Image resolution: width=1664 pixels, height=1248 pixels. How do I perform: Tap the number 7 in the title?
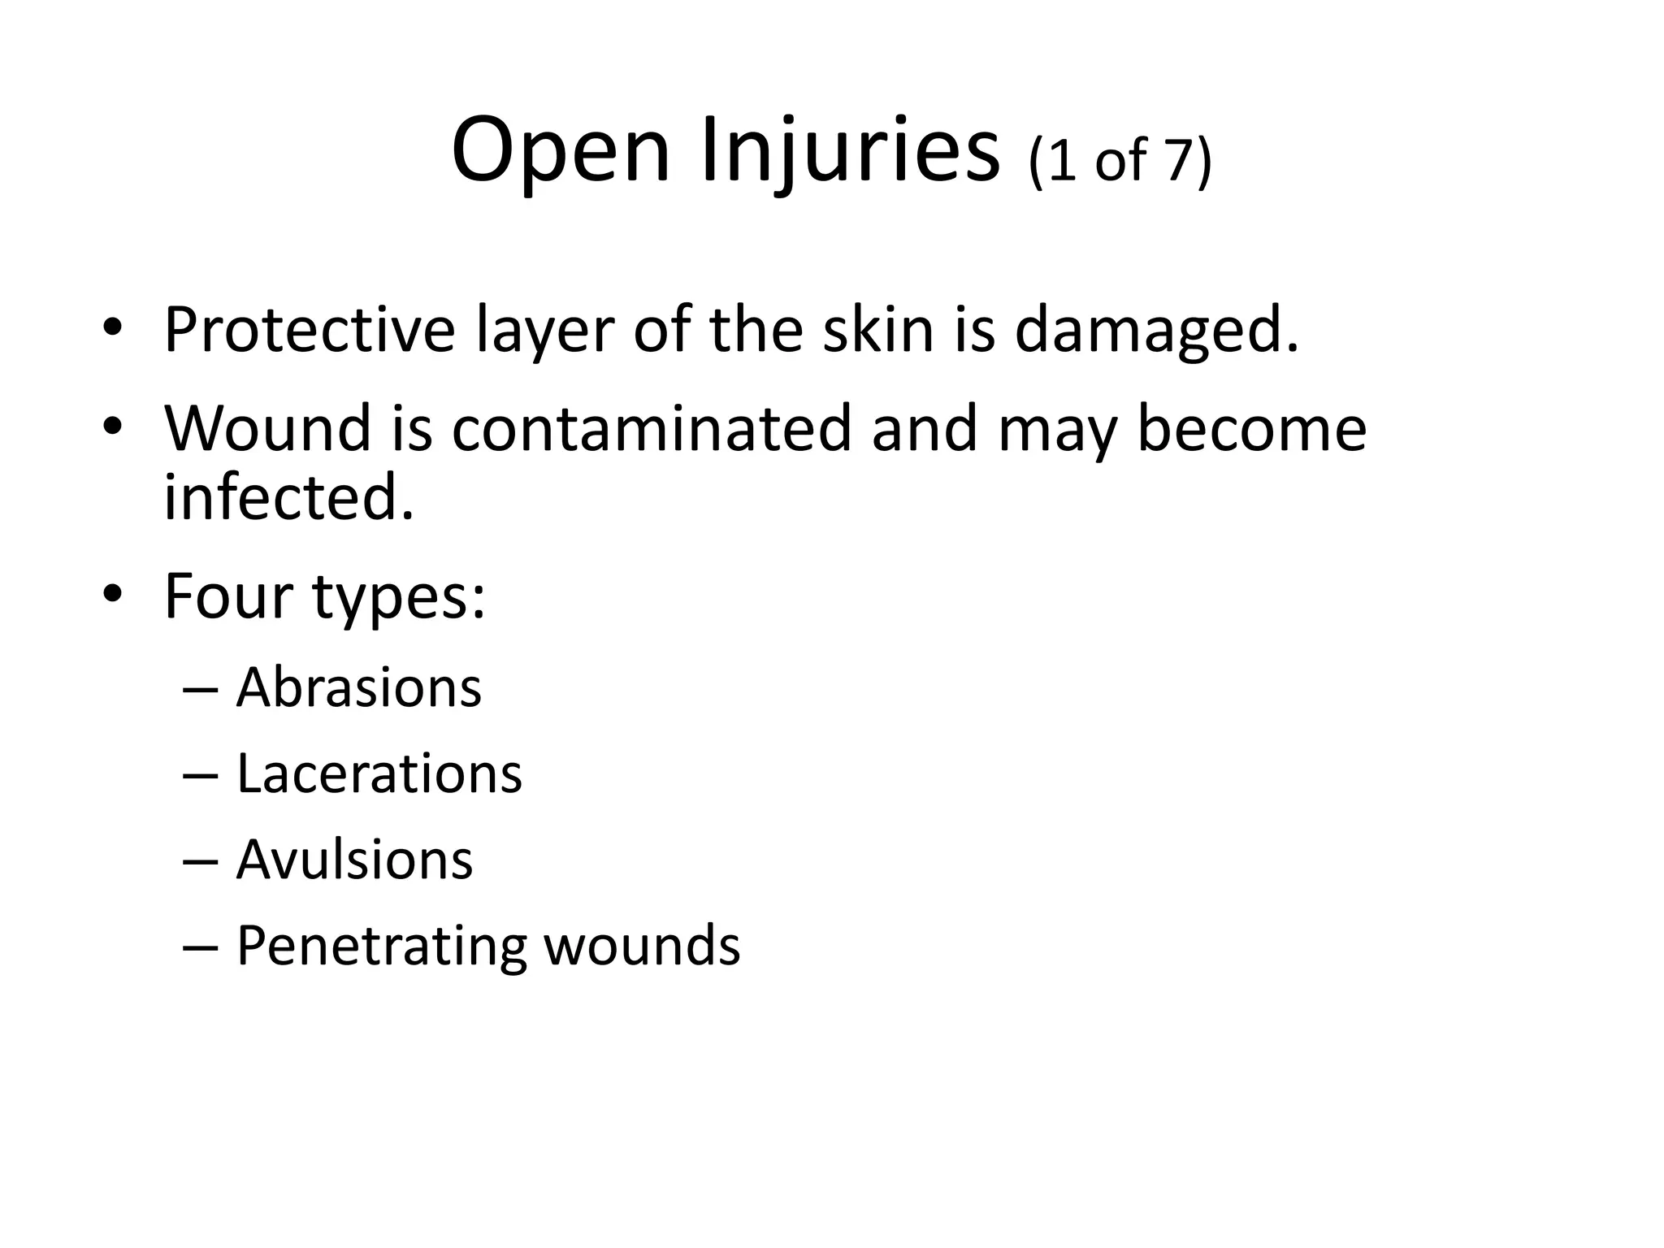[x=1179, y=160]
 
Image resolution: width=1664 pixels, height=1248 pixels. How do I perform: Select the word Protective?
[x=310, y=331]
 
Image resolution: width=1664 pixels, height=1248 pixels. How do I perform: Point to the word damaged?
[x=1156, y=331]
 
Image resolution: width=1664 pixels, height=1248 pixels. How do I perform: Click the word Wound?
[x=267, y=428]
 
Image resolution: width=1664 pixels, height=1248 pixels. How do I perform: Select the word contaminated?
[x=651, y=428]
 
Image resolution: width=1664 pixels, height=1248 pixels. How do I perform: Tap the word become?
[x=1250, y=428]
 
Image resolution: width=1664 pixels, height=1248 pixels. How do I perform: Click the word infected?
[x=288, y=497]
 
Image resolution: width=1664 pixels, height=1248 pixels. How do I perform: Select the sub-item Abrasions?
[x=358, y=687]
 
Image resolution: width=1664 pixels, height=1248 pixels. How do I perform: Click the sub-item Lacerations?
[x=379, y=773]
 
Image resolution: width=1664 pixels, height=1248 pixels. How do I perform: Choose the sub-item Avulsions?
[x=354, y=860]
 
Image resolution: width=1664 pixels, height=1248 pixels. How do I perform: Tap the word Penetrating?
[x=381, y=947]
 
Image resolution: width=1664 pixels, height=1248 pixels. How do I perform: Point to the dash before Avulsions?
[x=200, y=861]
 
